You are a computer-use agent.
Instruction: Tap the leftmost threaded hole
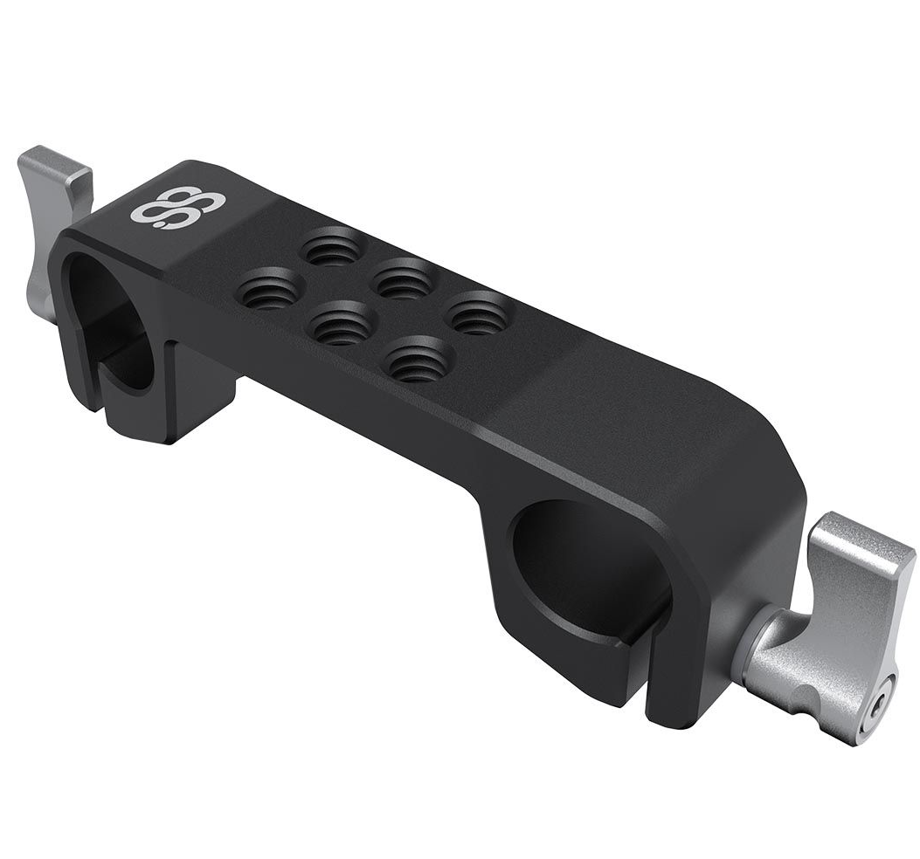[270, 290]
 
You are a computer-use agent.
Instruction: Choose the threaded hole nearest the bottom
[417, 360]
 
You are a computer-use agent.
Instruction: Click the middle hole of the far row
[403, 280]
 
